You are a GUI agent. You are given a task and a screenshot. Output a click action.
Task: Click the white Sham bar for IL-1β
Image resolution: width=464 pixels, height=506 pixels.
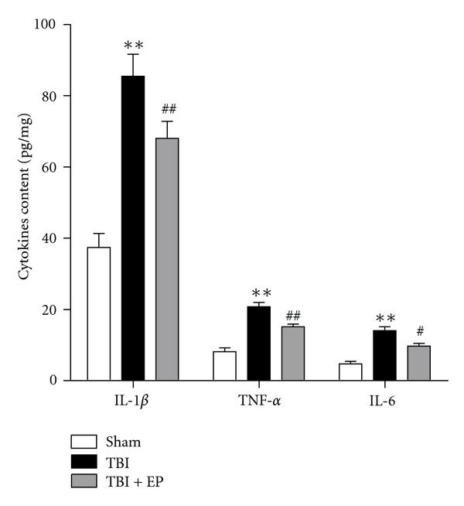(x=98, y=314)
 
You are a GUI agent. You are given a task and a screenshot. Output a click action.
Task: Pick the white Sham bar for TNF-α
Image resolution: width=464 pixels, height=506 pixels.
(x=224, y=366)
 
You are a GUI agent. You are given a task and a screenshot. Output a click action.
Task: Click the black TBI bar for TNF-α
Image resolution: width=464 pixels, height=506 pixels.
(x=258, y=344)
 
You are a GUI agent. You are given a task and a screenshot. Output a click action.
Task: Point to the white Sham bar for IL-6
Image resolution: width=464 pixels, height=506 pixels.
(x=350, y=372)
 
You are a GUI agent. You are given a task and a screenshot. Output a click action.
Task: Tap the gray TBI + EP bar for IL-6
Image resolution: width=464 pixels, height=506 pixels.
(x=418, y=363)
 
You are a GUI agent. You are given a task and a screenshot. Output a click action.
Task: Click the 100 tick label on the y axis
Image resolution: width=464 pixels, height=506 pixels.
(x=47, y=25)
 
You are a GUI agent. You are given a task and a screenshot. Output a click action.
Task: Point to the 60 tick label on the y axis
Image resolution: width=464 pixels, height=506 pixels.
(x=50, y=167)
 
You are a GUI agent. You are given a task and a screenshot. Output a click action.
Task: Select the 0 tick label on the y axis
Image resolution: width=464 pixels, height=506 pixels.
(x=54, y=381)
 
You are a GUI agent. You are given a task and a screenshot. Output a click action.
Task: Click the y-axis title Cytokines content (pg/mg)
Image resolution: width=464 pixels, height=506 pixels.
(x=25, y=203)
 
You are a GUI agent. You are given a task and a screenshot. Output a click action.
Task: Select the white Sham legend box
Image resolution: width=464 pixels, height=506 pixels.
(x=84, y=443)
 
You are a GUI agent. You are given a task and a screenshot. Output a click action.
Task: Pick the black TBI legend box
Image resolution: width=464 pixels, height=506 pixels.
(x=84, y=462)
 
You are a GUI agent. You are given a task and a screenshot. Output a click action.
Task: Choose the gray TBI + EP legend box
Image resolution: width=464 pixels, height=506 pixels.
(x=84, y=481)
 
